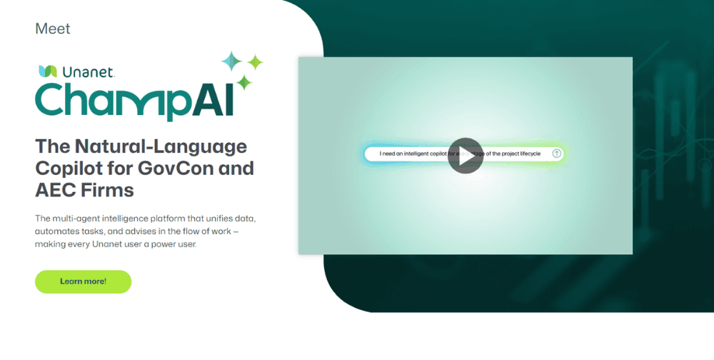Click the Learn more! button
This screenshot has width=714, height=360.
pos(83,281)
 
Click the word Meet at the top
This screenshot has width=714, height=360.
pos(52,29)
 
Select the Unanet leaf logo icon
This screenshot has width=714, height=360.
pos(48,71)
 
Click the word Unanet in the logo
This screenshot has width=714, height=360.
pos(84,71)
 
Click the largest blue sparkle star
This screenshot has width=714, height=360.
pos(232,61)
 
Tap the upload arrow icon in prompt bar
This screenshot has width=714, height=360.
pos(557,154)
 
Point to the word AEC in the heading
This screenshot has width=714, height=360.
pos(57,191)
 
